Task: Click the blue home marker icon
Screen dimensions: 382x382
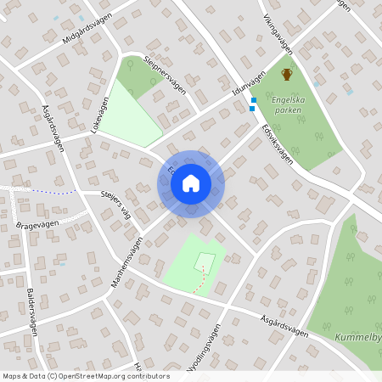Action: (x=191, y=183)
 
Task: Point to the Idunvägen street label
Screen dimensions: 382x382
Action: (x=248, y=85)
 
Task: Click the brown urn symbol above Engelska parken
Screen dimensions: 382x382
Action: (x=287, y=75)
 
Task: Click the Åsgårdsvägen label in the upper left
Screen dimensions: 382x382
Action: (x=53, y=128)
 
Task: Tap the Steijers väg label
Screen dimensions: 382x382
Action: (x=116, y=204)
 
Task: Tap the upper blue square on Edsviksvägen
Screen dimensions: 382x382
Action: (x=254, y=100)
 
